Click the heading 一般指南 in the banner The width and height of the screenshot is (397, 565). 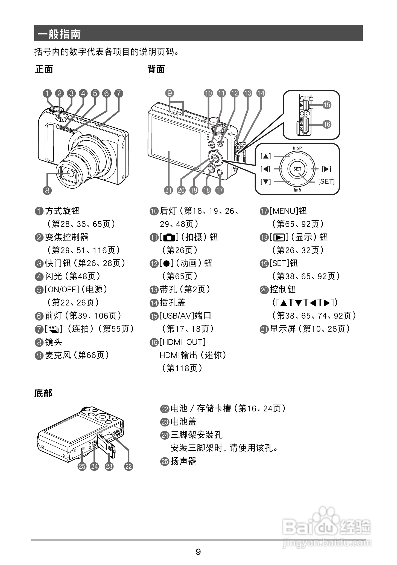tap(59, 34)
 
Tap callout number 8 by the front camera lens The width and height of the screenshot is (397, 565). tap(47, 190)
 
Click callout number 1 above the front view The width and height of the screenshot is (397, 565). tap(47, 93)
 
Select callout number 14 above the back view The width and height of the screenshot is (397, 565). tap(261, 93)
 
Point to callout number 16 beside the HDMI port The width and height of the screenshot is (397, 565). tap(327, 124)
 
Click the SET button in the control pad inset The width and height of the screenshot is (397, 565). tap(297, 169)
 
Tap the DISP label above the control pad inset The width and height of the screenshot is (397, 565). tap(297, 148)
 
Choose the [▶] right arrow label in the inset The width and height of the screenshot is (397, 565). tap(326, 169)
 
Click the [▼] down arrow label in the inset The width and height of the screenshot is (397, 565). tap(265, 181)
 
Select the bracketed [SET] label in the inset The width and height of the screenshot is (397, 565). tap(326, 181)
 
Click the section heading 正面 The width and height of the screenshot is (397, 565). tap(44, 69)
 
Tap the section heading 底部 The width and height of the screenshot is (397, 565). tap(43, 393)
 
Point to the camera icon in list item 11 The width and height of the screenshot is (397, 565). tap(169, 237)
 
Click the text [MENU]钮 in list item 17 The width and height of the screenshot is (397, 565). tap(288, 211)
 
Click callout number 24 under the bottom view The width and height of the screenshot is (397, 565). tap(94, 466)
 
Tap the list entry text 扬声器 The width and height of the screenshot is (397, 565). tap(183, 461)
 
